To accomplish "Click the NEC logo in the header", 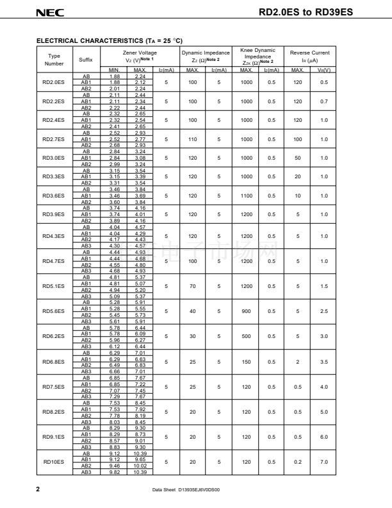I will pyautogui.click(x=47, y=12).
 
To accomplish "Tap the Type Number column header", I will pyautogui.click(x=54, y=60).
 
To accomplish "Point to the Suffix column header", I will pyautogui.click(x=86, y=60).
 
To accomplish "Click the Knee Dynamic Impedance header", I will pyautogui.click(x=257, y=56).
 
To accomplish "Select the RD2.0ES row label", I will pyautogui.click(x=54, y=83).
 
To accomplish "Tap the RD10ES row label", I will pyautogui.click(x=54, y=461).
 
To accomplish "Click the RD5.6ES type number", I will pyautogui.click(x=54, y=310).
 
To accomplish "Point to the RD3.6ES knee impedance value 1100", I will pyautogui.click(x=247, y=196).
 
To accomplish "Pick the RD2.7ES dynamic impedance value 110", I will pyautogui.click(x=192, y=139).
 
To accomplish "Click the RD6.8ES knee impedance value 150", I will pyautogui.click(x=247, y=361).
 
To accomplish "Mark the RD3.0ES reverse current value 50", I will pyautogui.click(x=298, y=158).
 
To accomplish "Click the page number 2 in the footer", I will pyautogui.click(x=38, y=489).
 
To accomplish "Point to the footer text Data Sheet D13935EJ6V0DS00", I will pyautogui.click(x=190, y=490).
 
